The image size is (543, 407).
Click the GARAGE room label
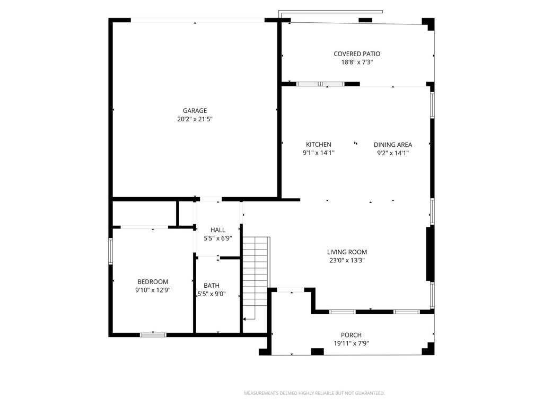point(195,111)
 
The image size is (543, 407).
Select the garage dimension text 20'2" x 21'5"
point(195,119)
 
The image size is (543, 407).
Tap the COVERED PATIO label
point(357,54)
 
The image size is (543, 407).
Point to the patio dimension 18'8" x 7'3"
point(357,63)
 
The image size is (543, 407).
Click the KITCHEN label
point(319,145)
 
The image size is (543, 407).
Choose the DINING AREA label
point(393,145)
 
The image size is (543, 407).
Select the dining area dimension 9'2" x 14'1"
point(393,153)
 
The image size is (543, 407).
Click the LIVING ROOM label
point(347,252)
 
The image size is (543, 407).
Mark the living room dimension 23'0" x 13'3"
point(347,261)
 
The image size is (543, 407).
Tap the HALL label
point(218,230)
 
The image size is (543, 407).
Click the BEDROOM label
point(153,282)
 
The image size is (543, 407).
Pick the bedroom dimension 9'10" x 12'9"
point(153,290)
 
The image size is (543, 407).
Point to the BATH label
point(211,286)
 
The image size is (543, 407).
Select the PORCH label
point(351,335)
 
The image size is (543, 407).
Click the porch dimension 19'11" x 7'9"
point(351,343)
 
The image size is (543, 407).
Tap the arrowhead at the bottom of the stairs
point(244,319)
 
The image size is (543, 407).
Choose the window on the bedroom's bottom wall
point(153,335)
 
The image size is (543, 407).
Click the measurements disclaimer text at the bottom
point(314,393)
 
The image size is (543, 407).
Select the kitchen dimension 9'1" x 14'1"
point(319,153)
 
